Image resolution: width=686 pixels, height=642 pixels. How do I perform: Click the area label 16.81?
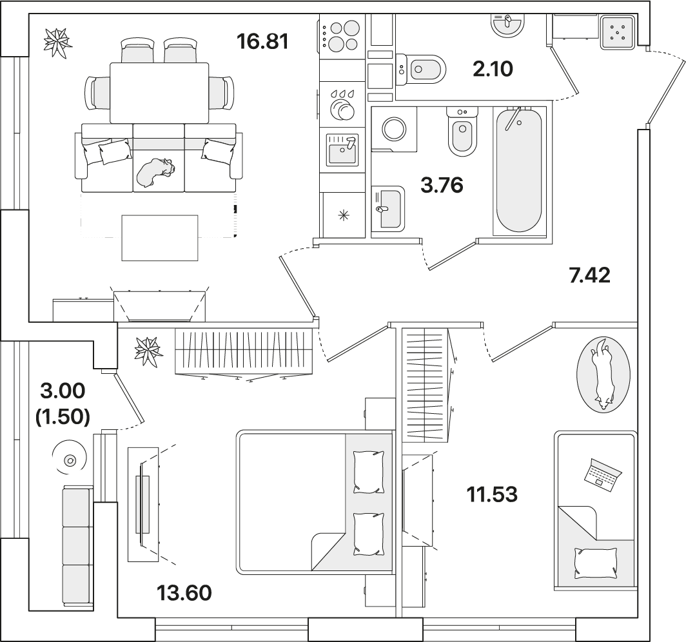click(262, 41)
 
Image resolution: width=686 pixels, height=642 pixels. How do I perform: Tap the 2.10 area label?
click(493, 69)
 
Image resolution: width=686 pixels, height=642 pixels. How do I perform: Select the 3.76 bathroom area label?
click(442, 185)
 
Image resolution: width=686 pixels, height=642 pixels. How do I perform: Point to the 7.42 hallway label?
click(590, 275)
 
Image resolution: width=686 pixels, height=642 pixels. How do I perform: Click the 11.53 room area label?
click(492, 494)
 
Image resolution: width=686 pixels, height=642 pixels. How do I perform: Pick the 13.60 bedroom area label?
click(184, 593)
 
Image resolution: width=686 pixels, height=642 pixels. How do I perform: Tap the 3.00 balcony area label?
click(63, 391)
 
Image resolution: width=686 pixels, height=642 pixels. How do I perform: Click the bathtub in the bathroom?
click(519, 171)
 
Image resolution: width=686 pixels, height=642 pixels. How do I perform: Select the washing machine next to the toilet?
click(394, 130)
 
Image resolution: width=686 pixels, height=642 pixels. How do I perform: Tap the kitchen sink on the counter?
click(342, 150)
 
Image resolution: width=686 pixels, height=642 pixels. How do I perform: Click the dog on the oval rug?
click(603, 374)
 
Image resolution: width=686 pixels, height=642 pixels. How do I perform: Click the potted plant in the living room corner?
click(57, 43)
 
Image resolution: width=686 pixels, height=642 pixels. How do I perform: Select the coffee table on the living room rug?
click(160, 238)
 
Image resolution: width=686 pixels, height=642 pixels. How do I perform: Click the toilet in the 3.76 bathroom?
click(462, 132)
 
